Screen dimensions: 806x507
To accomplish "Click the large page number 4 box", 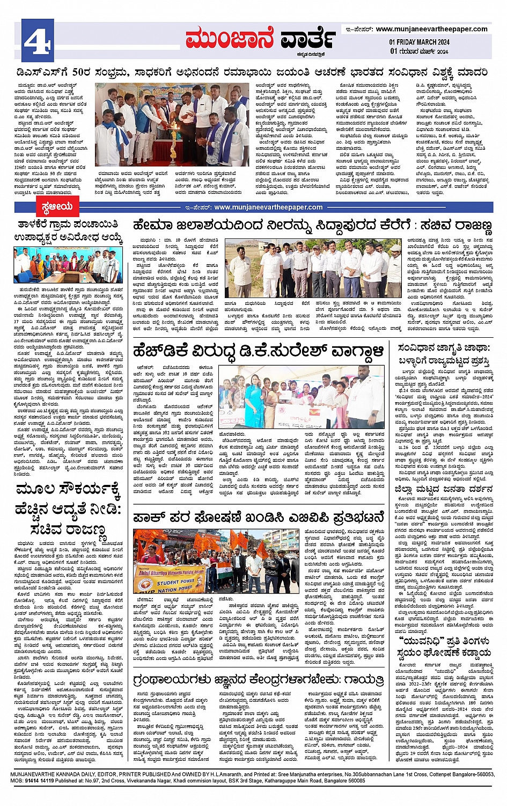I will point(36,38).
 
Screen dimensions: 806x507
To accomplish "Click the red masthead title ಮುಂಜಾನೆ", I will point(229,39).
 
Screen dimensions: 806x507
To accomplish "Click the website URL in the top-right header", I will point(431,29).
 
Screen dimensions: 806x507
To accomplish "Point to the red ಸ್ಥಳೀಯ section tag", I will point(56,207).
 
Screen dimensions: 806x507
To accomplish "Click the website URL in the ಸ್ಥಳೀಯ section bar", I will point(268,207).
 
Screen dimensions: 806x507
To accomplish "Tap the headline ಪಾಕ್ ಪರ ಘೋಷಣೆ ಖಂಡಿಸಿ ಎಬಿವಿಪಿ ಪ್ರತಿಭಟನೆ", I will point(259,518).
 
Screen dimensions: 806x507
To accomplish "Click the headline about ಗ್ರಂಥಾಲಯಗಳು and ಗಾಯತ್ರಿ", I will point(259,680).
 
